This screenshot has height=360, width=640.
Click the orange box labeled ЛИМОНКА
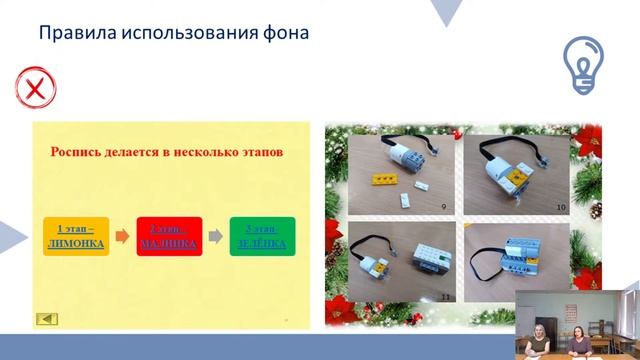click(74, 236)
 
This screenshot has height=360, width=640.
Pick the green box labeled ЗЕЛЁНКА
click(261, 236)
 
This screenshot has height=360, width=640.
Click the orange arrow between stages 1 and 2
click(120, 237)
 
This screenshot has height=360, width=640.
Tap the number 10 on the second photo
click(561, 206)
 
